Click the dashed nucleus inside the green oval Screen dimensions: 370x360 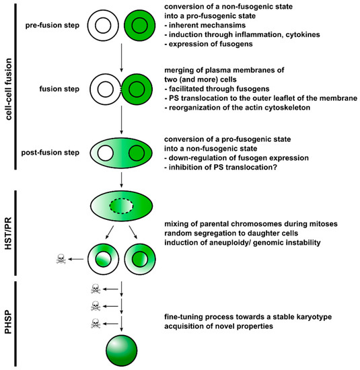tap(121, 219)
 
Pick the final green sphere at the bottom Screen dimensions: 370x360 tap(121, 350)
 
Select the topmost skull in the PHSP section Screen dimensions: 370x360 tap(96, 289)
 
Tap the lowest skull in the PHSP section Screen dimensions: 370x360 tap(96, 324)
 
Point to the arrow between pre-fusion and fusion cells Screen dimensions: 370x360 tap(121, 59)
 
